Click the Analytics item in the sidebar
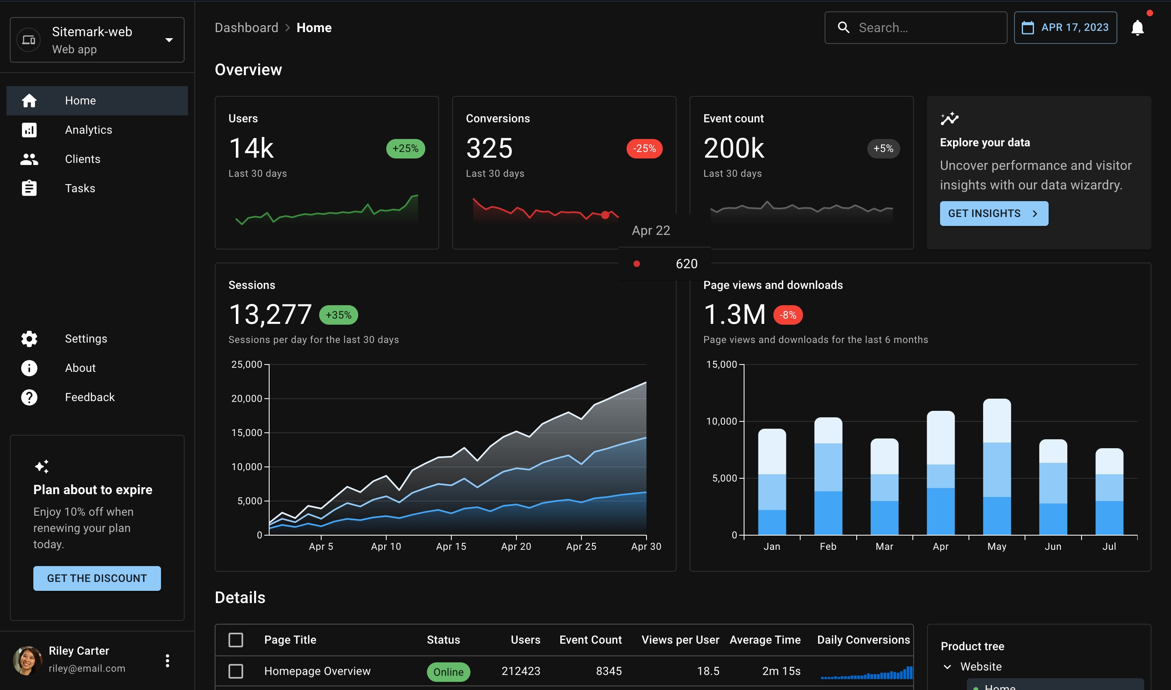pos(88,130)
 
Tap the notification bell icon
pos(1137,28)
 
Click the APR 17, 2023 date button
pos(1065,28)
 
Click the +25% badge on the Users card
pos(405,148)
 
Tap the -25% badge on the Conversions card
pos(644,148)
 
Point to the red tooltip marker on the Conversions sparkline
pos(605,215)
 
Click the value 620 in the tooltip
pos(686,264)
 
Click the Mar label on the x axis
pos(884,546)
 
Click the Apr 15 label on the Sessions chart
pos(451,546)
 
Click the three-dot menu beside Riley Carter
pos(168,660)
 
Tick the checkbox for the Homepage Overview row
pos(236,671)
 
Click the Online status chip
pos(448,671)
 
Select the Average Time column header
pos(764,640)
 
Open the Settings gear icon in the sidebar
pos(29,338)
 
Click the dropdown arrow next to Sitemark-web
pos(169,40)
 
